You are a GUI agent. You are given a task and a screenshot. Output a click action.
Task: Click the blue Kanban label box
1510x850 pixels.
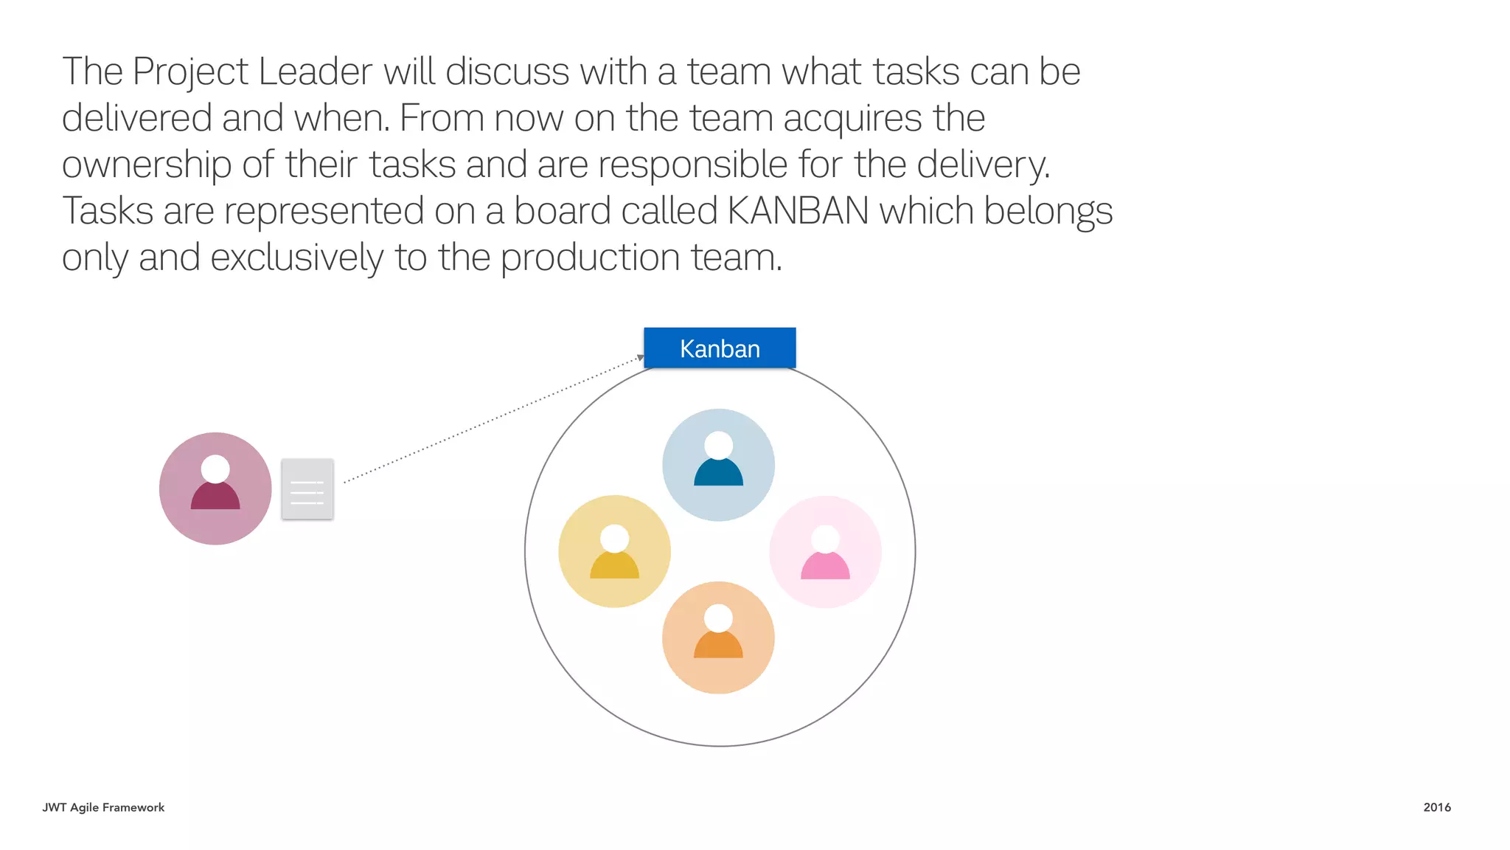point(720,348)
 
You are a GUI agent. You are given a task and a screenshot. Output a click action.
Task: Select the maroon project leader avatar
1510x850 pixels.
point(215,488)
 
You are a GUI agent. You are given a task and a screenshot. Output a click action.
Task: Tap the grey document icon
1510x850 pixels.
point(307,489)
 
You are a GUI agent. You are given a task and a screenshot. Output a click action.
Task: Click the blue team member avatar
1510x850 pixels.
point(718,465)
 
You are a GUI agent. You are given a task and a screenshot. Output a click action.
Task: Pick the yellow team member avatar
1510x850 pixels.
point(614,551)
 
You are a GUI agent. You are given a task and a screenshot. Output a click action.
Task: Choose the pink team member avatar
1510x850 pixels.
point(825,552)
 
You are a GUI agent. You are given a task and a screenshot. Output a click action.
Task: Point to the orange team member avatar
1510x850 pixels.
point(718,637)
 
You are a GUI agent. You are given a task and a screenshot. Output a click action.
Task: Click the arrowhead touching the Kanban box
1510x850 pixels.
point(640,358)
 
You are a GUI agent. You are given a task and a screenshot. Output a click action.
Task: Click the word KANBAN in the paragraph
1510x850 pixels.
point(799,211)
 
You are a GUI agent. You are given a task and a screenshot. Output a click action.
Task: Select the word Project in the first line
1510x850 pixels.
point(190,72)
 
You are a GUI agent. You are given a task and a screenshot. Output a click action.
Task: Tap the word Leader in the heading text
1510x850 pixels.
point(316,72)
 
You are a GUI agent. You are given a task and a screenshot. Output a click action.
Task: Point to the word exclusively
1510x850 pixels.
point(296,258)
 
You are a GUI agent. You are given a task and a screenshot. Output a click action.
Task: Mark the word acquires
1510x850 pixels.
point(852,118)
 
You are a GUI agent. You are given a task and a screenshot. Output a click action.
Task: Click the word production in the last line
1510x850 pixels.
point(590,258)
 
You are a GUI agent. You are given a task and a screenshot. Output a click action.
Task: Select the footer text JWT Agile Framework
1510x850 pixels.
point(103,807)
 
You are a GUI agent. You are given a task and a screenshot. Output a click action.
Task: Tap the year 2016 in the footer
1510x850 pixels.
point(1436,807)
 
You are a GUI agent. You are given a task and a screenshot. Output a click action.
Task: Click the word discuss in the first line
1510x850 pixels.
point(507,72)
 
